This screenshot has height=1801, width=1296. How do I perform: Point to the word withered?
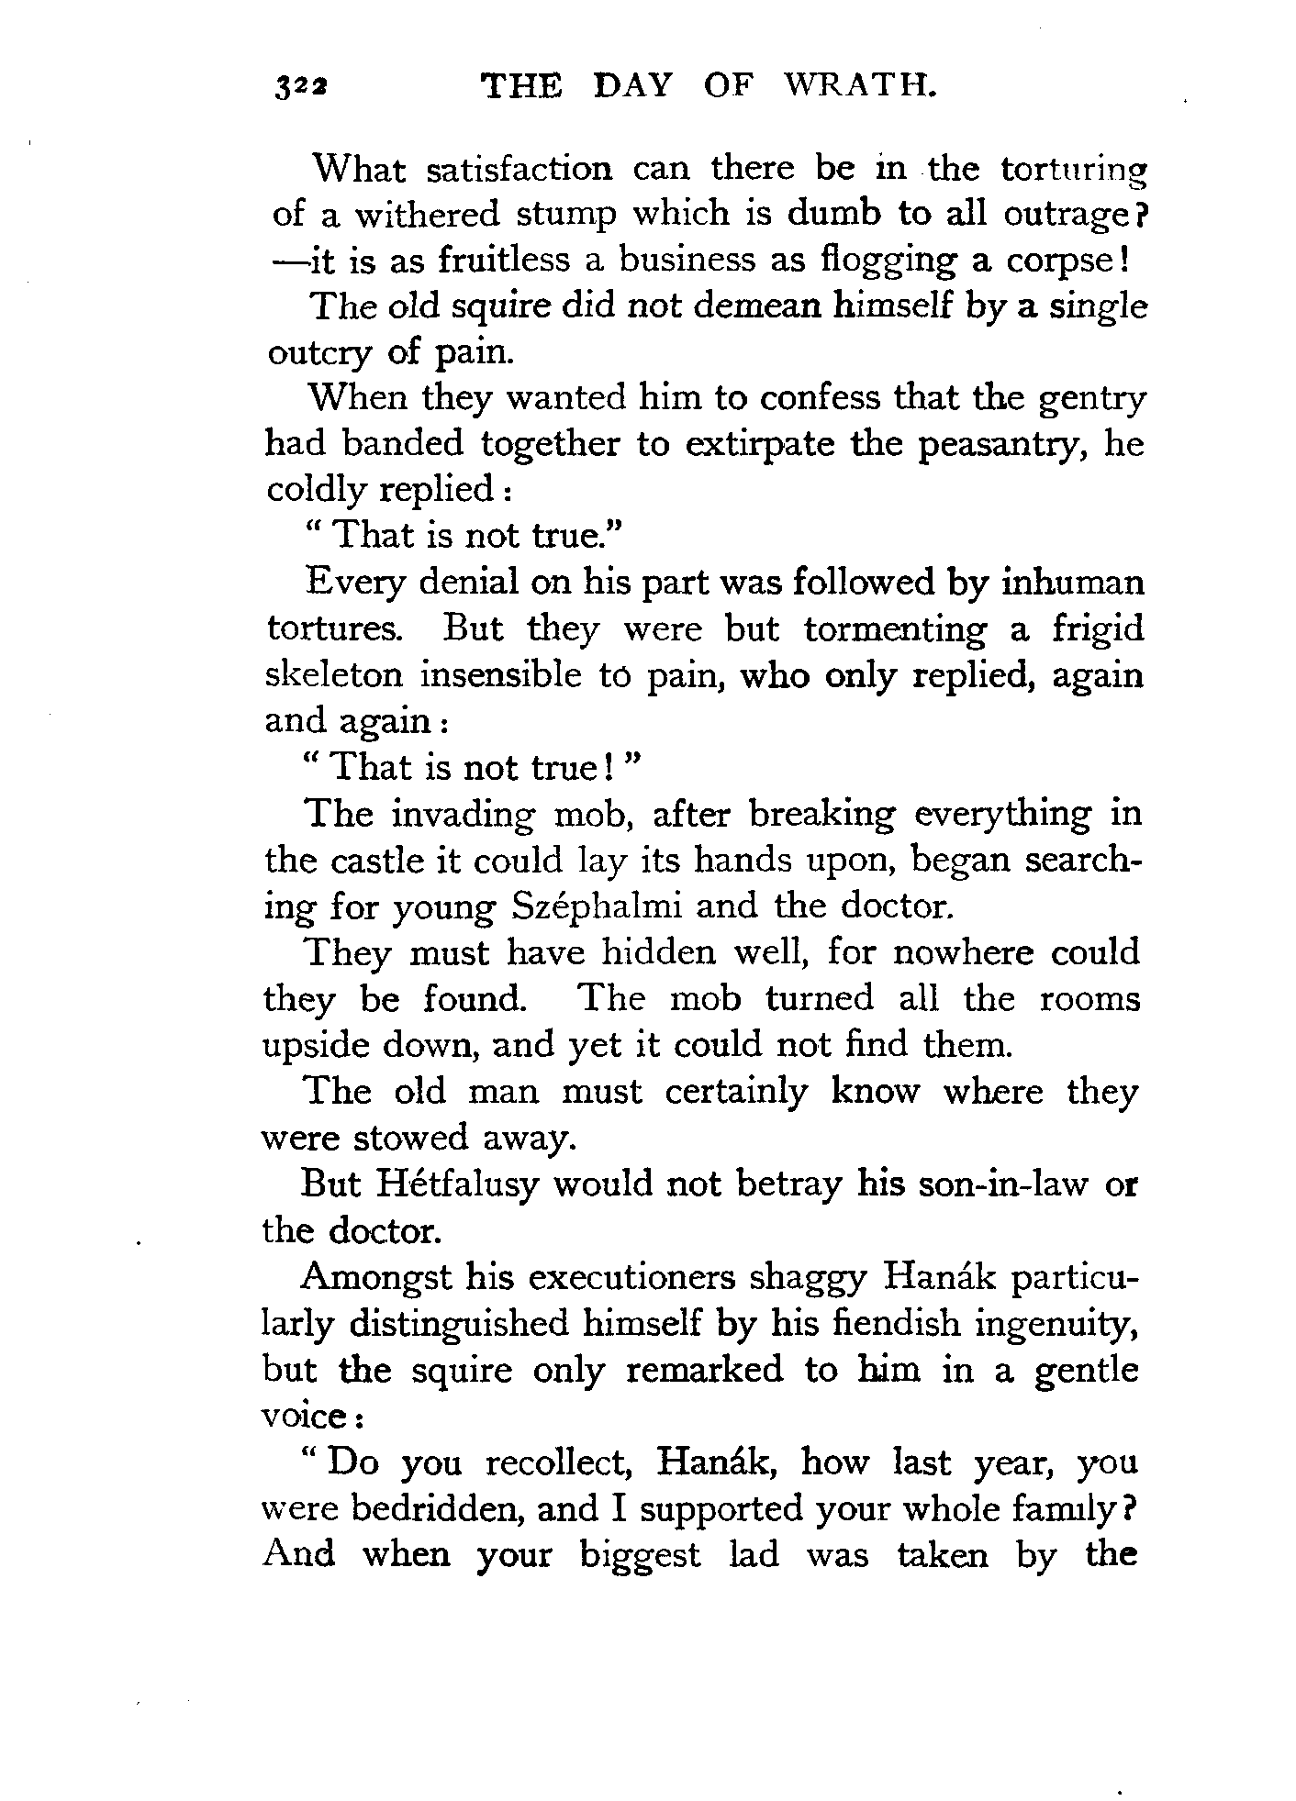429,215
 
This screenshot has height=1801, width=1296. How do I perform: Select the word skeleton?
333,674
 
